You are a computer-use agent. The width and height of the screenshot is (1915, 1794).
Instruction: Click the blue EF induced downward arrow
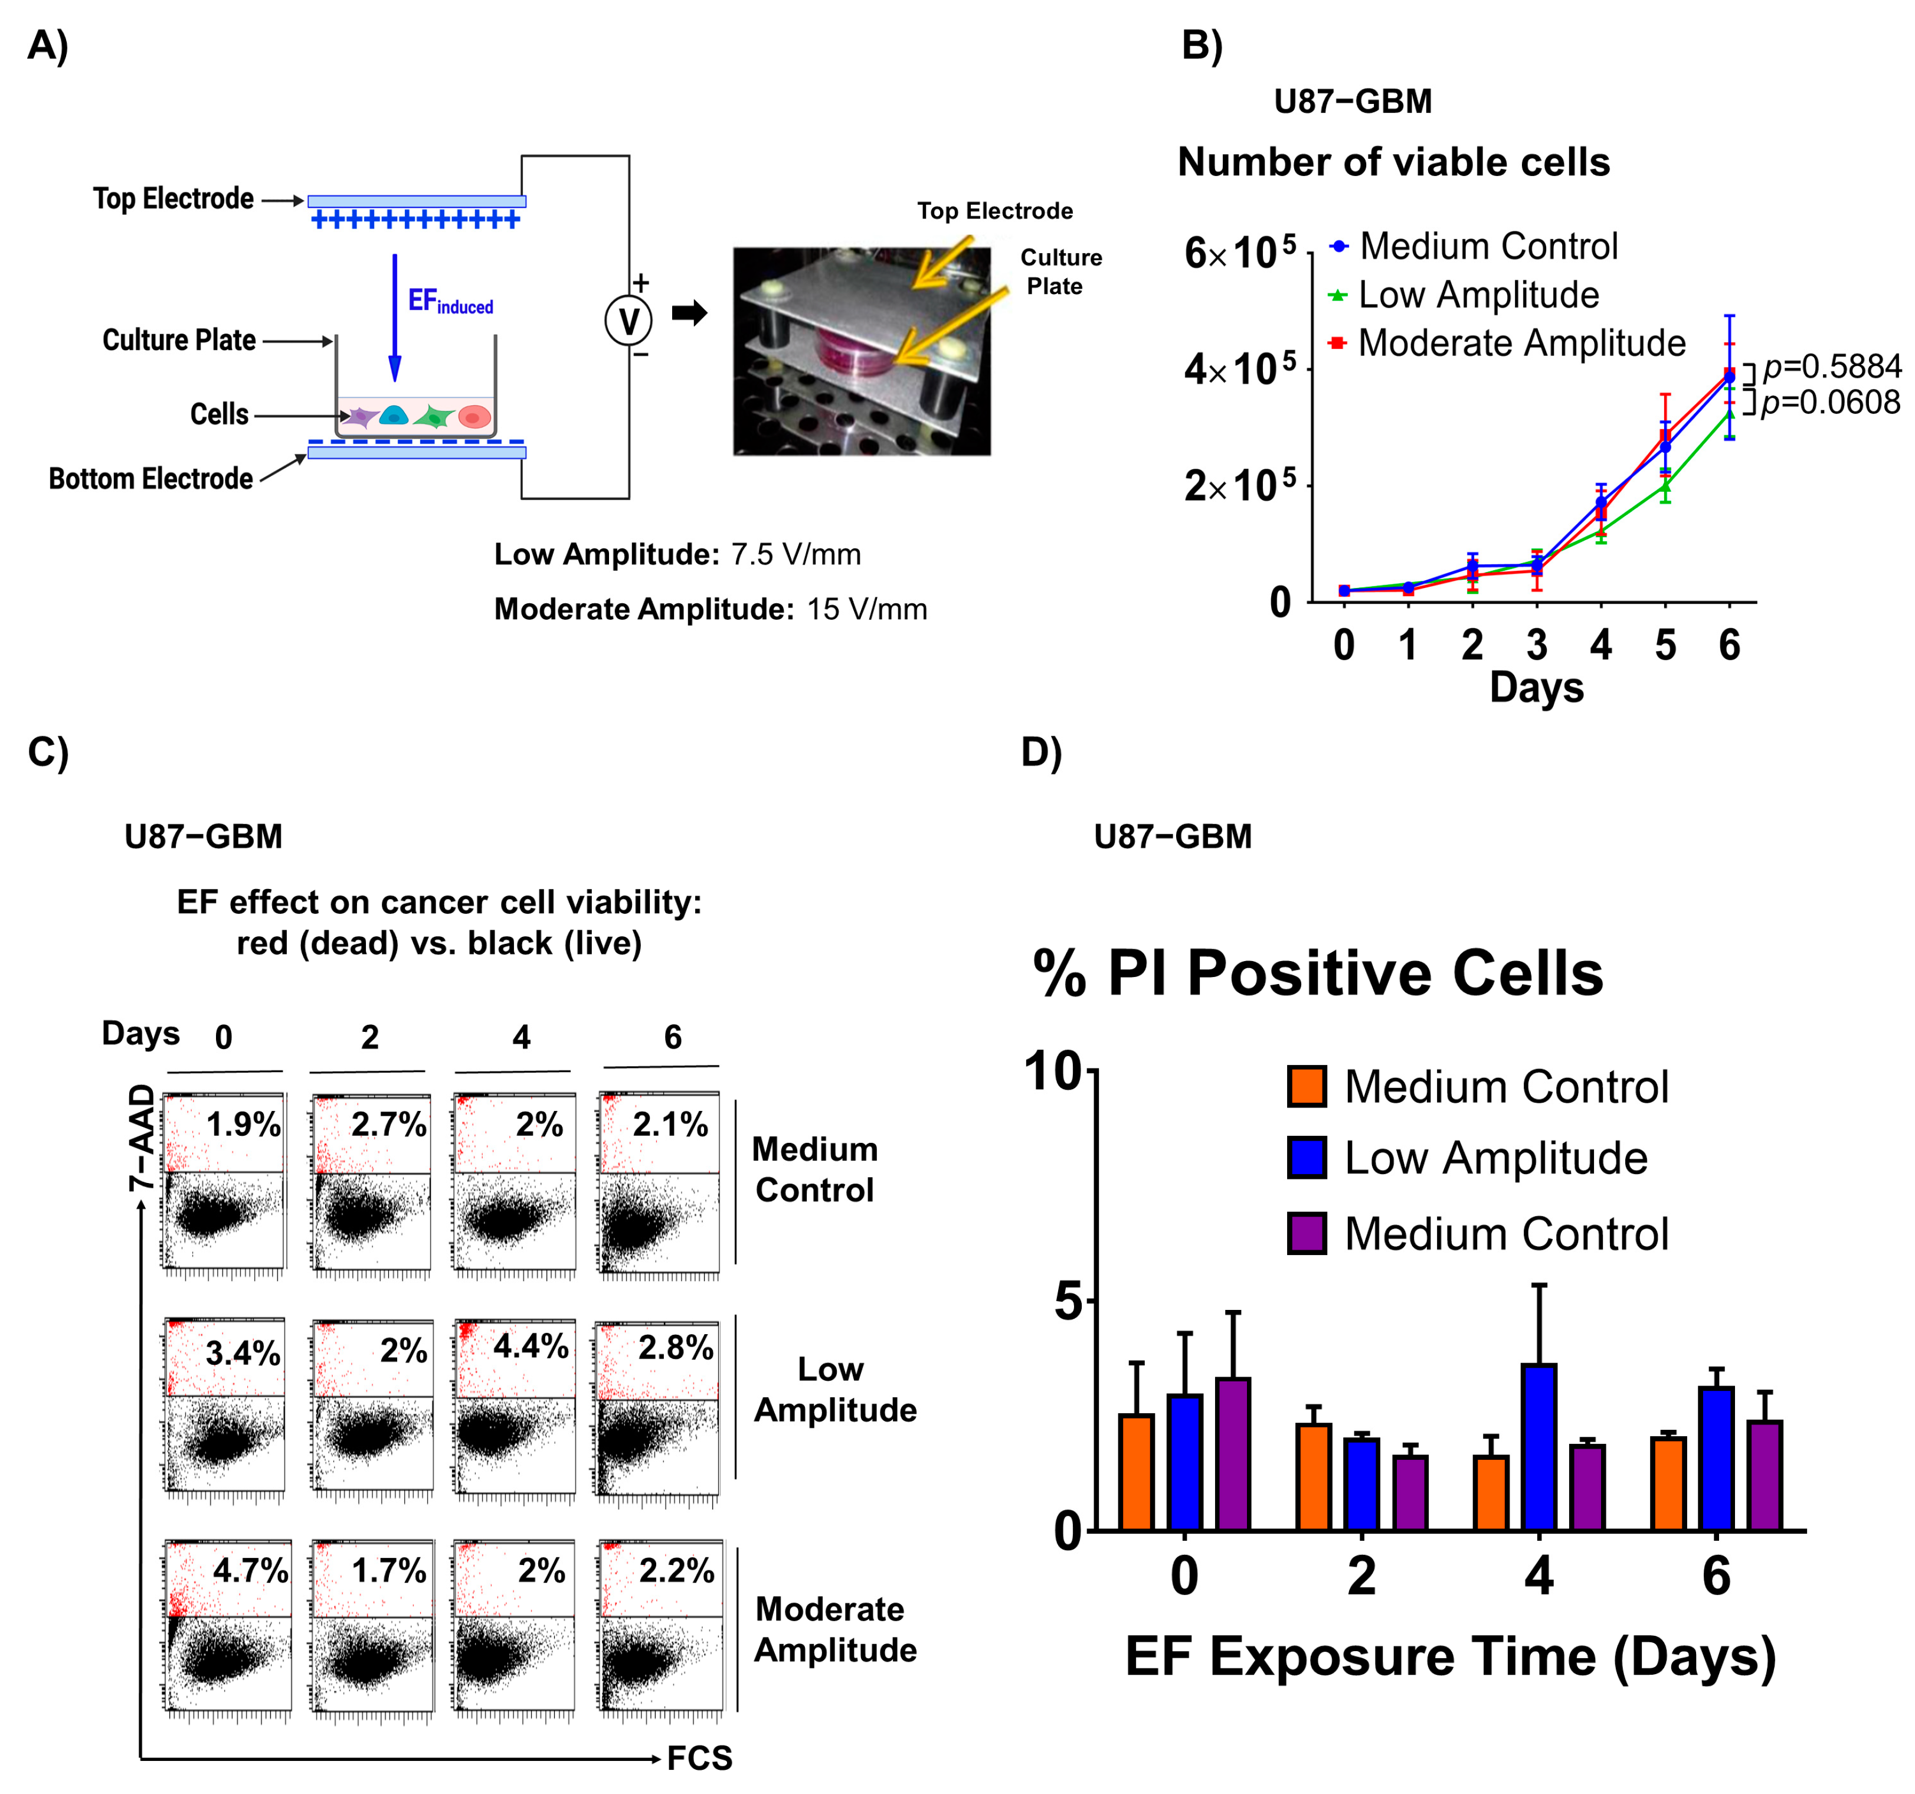click(394, 318)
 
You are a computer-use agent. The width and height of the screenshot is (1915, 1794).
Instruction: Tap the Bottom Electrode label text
click(150, 479)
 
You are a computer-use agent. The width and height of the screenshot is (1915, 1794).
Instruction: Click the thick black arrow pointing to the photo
click(690, 312)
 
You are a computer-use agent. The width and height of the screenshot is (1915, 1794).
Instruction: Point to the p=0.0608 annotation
click(1830, 402)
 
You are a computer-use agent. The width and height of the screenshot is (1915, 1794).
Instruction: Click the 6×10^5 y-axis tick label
click(1240, 253)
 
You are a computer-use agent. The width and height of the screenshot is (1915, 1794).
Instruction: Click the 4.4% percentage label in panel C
click(531, 1346)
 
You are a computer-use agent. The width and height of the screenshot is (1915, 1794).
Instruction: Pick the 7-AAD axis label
click(142, 1137)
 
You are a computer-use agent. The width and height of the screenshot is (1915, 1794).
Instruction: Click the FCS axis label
click(699, 1759)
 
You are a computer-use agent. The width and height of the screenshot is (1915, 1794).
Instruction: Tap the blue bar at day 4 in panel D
click(1538, 1446)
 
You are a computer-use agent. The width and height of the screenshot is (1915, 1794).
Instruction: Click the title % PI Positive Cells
click(1318, 973)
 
